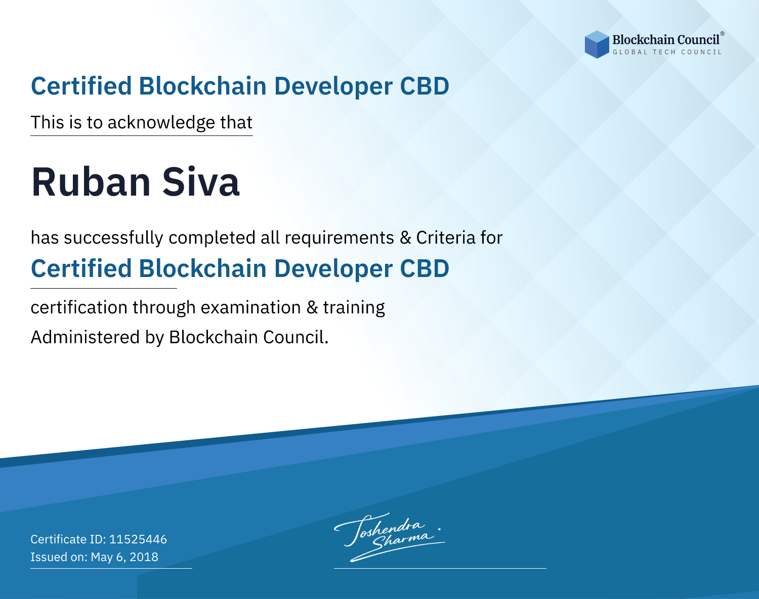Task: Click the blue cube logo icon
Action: point(597,44)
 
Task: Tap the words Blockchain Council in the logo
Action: point(666,40)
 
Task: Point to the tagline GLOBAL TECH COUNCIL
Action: point(667,52)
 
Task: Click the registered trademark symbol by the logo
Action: point(722,34)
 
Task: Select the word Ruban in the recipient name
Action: point(91,182)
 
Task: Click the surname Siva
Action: point(201,182)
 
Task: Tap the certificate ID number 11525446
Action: point(138,539)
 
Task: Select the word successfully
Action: point(113,238)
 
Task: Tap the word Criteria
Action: point(446,238)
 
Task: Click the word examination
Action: point(251,307)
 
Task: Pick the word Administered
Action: point(86,337)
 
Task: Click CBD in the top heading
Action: point(425,86)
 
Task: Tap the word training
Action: point(354,308)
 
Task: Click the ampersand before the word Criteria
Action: point(406,238)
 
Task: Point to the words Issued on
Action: point(59,557)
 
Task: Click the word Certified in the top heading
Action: point(81,86)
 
